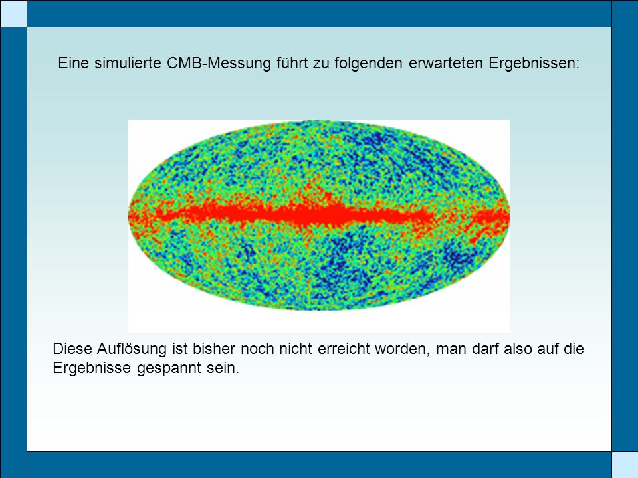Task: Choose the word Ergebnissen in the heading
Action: tap(534, 64)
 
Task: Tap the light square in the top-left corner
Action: tap(13, 13)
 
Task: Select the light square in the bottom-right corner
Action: tap(625, 465)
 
